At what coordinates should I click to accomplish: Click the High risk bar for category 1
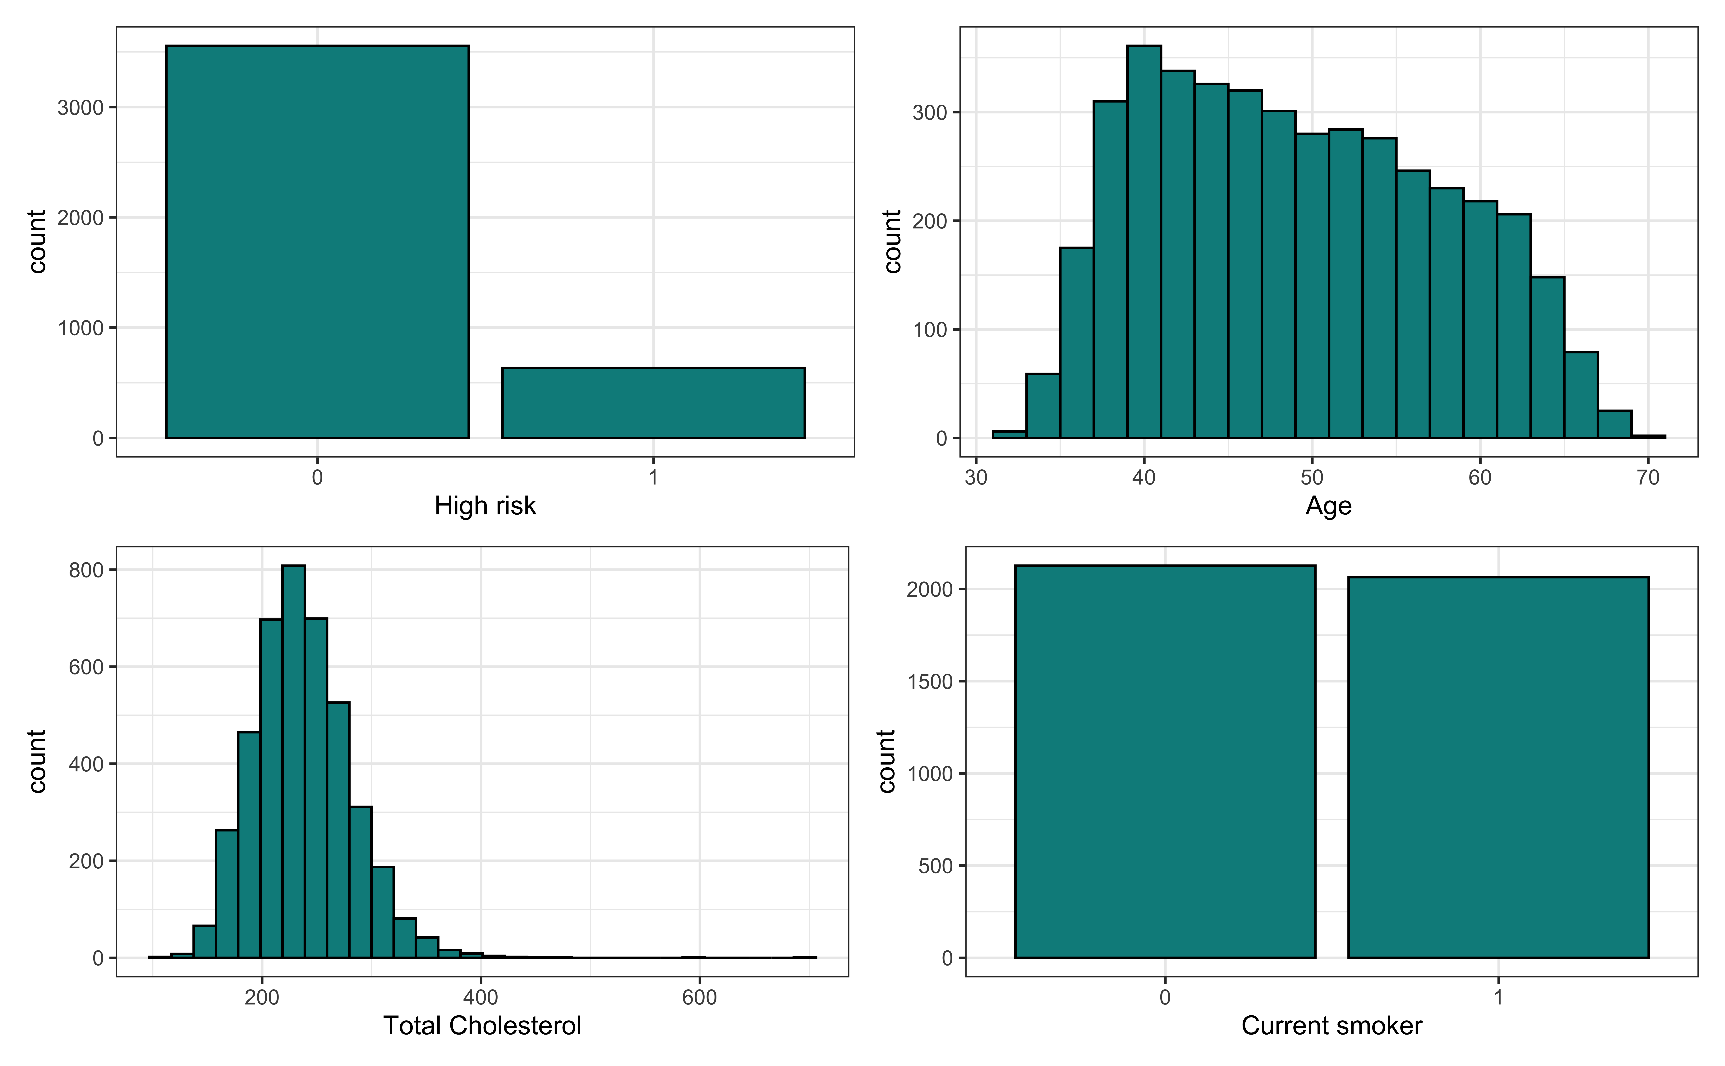653,402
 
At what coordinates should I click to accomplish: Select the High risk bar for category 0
317,242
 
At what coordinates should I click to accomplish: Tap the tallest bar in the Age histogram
1144,242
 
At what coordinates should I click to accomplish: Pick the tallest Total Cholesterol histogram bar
293,761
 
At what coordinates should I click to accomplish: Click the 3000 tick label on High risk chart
80,108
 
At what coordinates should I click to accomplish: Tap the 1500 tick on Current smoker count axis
930,682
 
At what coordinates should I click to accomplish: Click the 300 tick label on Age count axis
930,113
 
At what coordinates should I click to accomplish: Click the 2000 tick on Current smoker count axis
930,589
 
